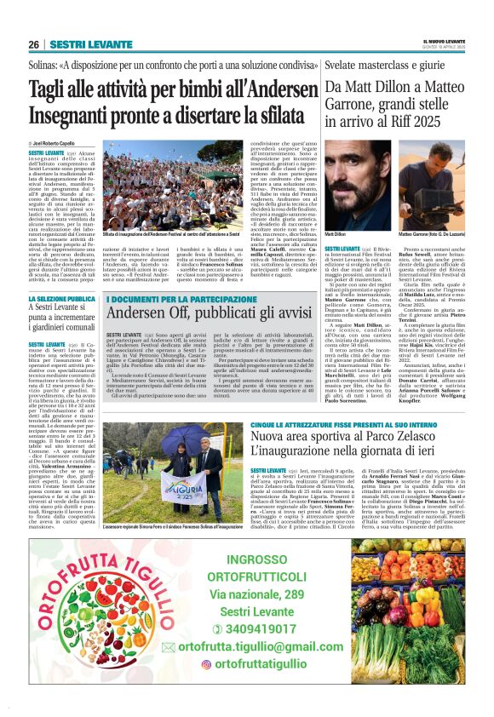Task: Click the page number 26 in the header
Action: coord(33,43)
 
